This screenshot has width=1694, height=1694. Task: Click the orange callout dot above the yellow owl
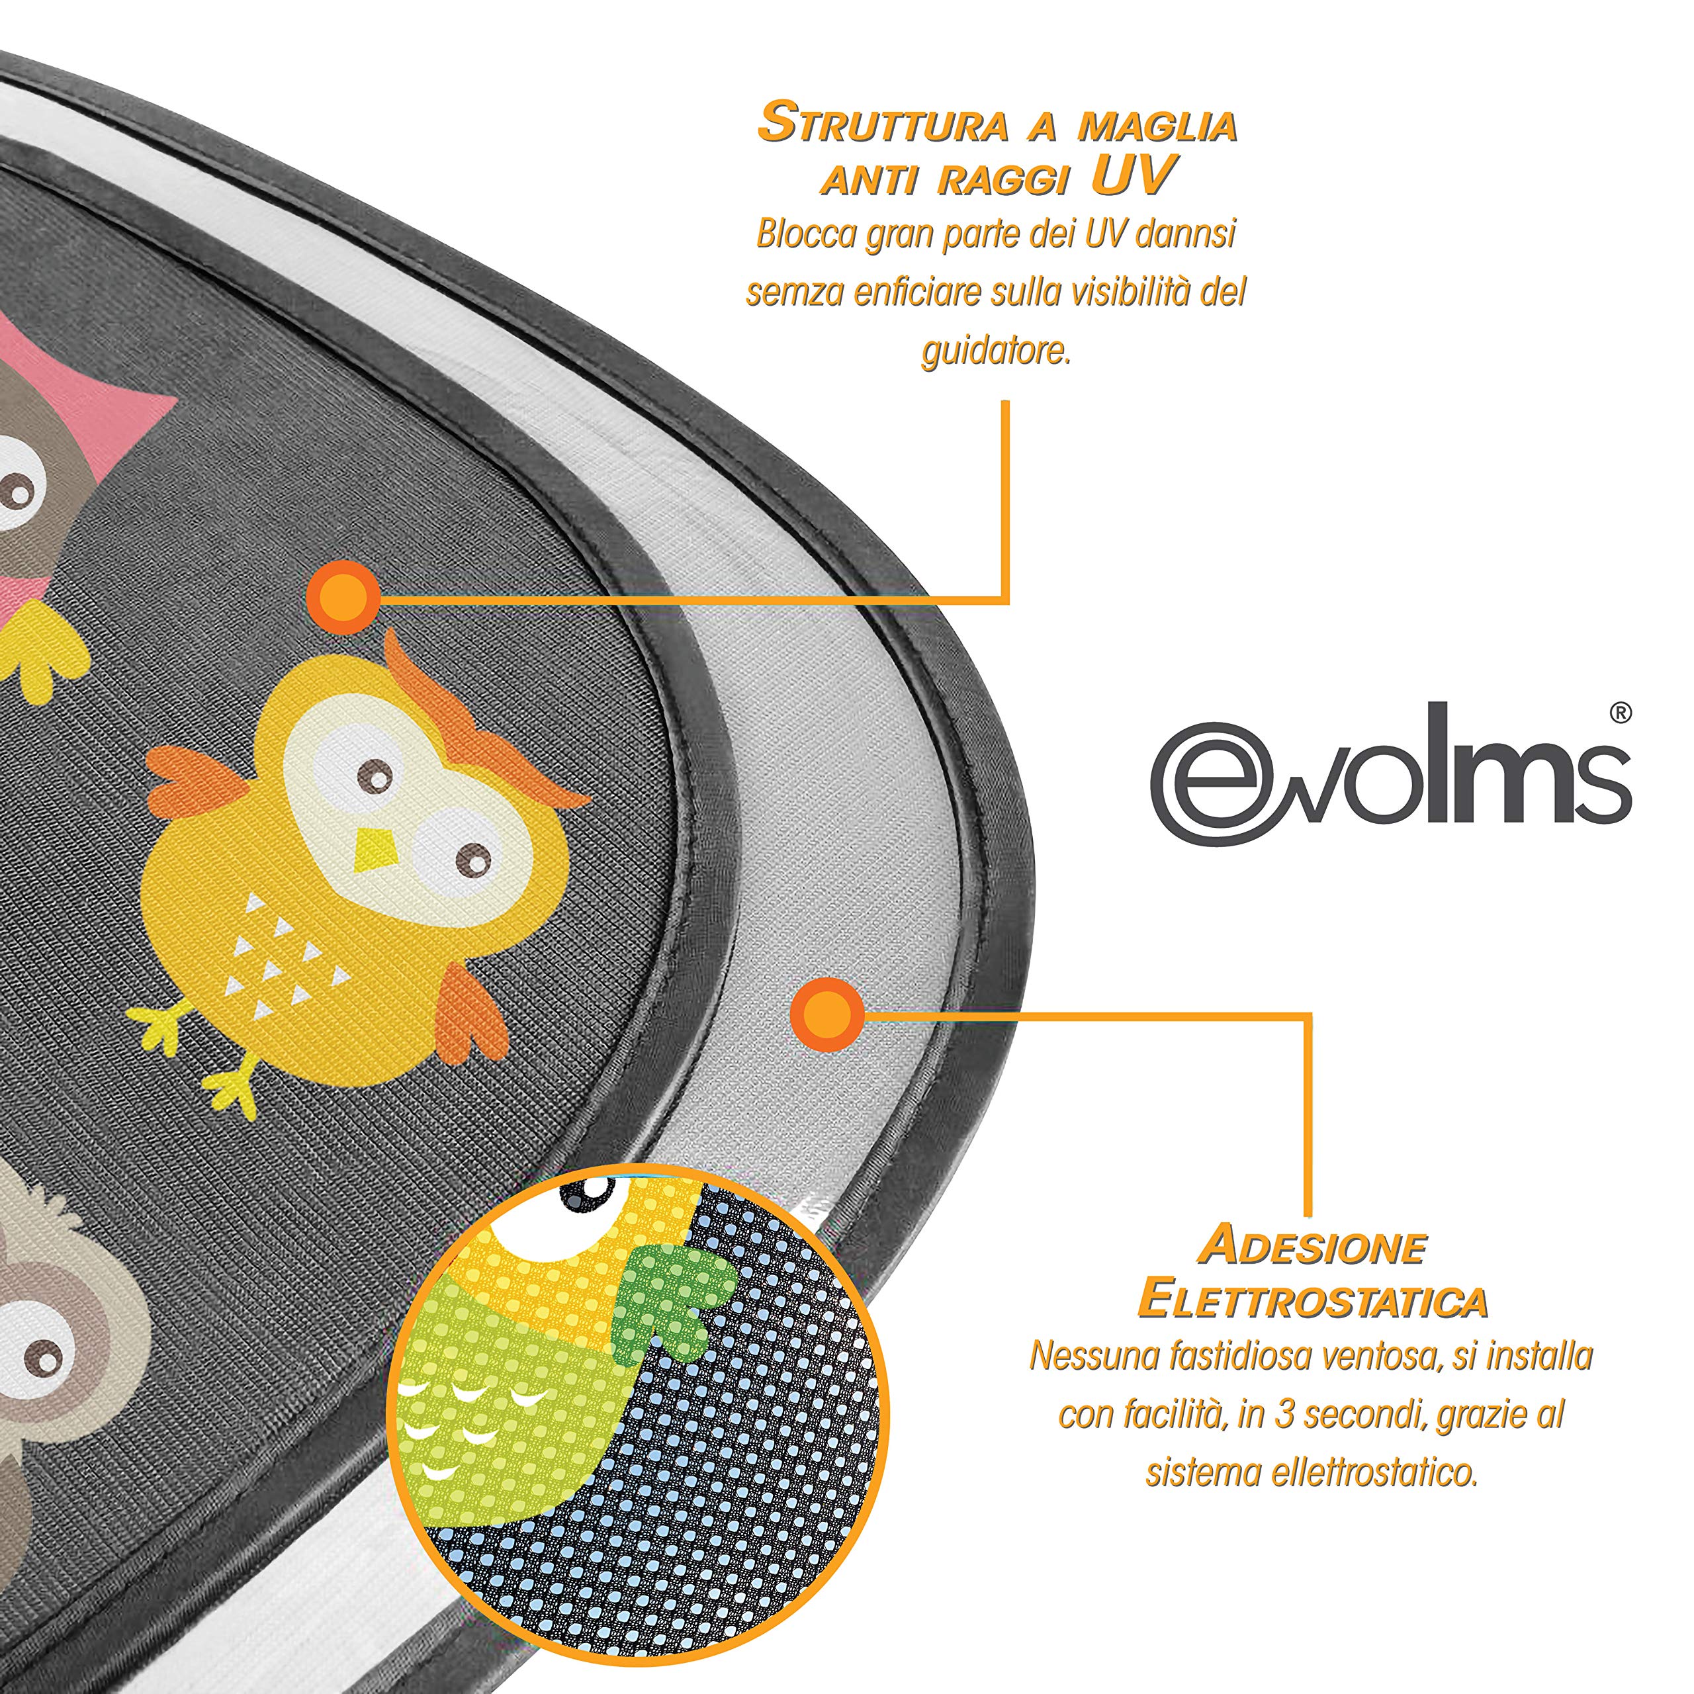point(343,597)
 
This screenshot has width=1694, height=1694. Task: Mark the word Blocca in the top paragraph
point(807,235)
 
